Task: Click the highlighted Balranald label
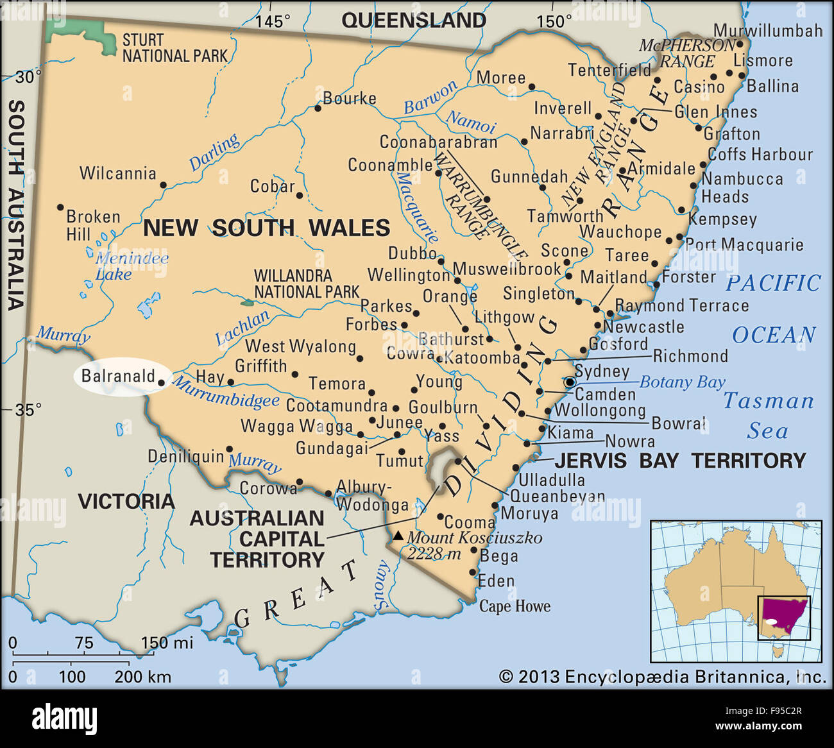119,376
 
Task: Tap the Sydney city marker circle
570,382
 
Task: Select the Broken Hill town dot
60,207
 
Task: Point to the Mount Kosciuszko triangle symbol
398,536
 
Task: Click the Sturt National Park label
174,48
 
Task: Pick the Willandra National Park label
306,284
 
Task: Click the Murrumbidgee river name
226,393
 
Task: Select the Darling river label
214,152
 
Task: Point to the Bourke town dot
318,108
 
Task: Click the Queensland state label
414,20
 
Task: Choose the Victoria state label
126,501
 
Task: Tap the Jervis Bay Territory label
680,460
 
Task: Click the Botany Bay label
682,382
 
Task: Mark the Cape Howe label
515,606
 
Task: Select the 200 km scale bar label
142,676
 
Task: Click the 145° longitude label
273,21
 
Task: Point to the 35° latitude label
29,409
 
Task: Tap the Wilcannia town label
117,173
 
